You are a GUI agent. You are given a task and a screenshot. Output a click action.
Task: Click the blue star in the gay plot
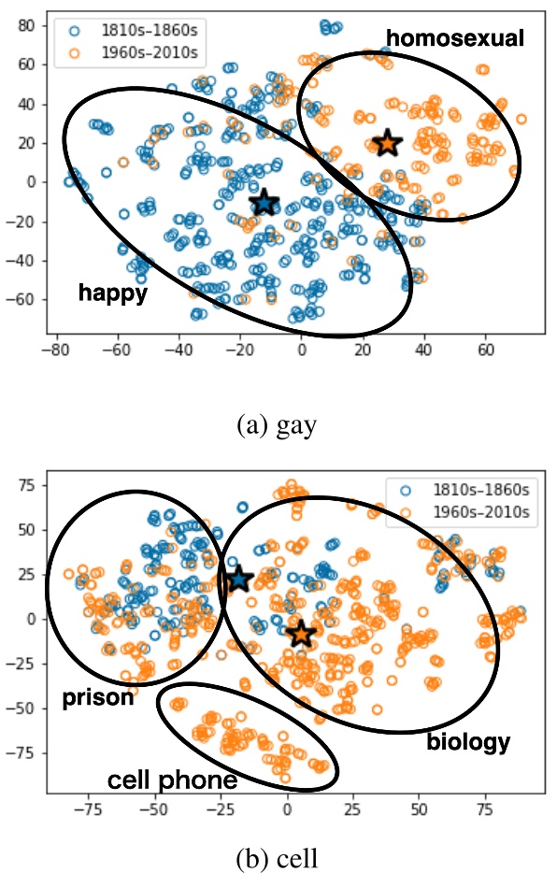(264, 203)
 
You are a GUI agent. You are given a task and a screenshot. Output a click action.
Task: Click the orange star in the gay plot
(387, 143)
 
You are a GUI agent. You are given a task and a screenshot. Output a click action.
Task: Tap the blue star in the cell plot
(237, 580)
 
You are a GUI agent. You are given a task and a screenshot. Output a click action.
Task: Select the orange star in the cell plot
(301, 634)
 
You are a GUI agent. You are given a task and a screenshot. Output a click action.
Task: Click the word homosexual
(455, 38)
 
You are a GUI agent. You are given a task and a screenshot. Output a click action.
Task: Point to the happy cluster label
(113, 293)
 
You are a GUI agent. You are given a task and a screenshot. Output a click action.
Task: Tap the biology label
(468, 743)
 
